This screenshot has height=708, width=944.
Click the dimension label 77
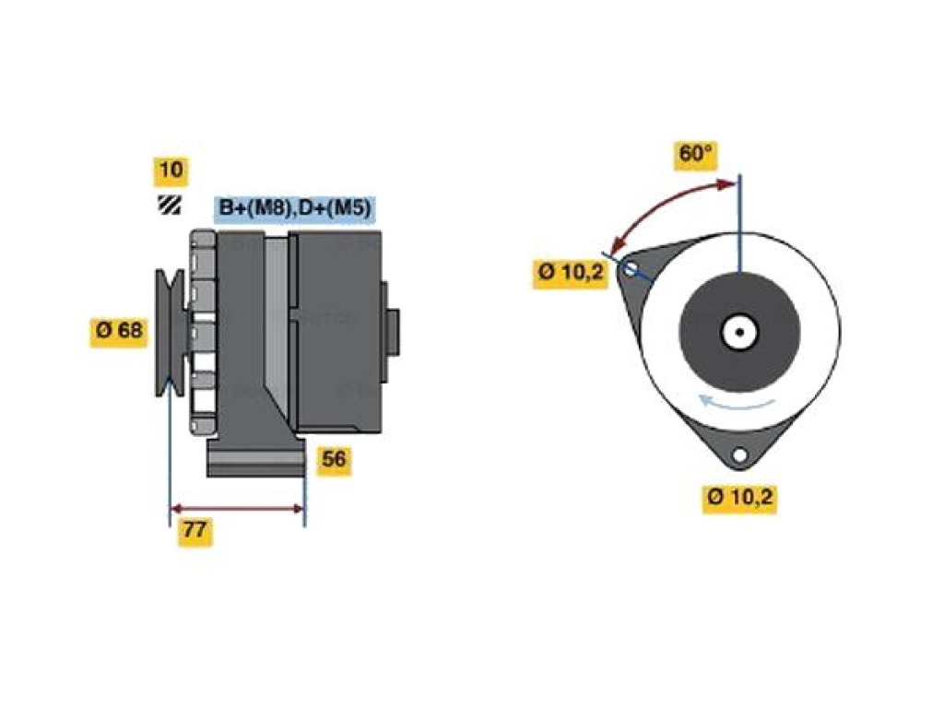195,530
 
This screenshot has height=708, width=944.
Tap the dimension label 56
334,460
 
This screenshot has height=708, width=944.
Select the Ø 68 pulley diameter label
119,330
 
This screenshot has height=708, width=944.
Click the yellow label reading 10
171,170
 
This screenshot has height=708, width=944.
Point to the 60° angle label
696,154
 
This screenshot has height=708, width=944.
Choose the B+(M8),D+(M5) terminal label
295,208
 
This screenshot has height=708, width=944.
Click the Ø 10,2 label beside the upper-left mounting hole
570,273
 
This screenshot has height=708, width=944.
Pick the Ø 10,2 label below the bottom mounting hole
740,497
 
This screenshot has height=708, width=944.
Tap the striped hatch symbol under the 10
170,205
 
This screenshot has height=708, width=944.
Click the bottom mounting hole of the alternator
739,455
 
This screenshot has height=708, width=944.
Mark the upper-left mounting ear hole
630,268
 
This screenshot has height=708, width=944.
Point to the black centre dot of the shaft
740,332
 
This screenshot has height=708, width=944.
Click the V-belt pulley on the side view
171,332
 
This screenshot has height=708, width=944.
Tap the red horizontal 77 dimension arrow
237,509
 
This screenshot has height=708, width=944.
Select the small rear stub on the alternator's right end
392,331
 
